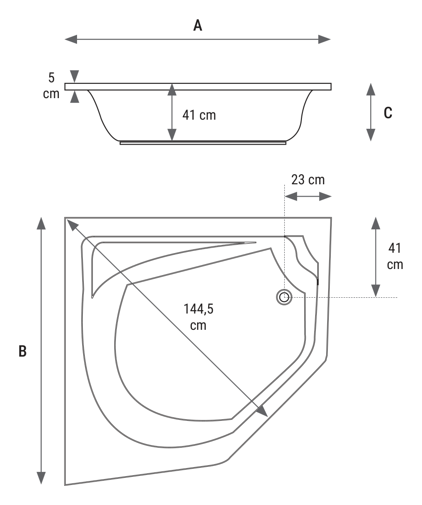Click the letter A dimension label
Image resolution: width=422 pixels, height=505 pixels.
pos(198,25)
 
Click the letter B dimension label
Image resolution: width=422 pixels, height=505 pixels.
pos(22,351)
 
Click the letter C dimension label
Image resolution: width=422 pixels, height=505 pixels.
pos(388,112)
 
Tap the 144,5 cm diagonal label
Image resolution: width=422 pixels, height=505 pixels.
pos(198,317)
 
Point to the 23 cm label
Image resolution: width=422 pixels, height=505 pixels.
pos(308,180)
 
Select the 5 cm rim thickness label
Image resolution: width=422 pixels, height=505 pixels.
pos(51,86)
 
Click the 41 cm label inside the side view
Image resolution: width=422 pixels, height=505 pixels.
pos(199,115)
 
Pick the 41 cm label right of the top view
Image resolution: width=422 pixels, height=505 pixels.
pos(395,257)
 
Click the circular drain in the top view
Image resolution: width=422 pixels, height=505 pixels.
pos(284,297)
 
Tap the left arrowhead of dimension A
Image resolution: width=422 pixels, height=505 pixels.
pos(71,39)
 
